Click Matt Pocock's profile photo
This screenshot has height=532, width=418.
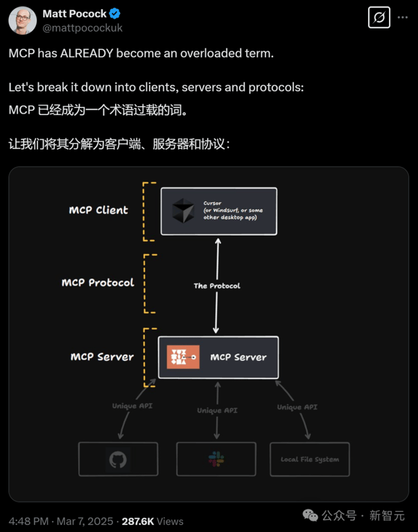pos(22,21)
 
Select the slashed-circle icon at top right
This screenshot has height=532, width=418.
pos(379,19)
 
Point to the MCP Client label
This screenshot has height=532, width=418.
pos(98,210)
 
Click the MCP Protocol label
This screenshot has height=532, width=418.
pos(98,283)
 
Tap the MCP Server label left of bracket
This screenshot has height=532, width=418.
pos(102,357)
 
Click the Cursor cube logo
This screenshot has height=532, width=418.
pos(184,211)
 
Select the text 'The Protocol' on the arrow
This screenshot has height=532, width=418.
pos(217,285)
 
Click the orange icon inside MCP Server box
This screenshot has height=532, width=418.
pos(183,357)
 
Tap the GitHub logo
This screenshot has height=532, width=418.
pos(118,459)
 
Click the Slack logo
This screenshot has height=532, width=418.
pos(216,459)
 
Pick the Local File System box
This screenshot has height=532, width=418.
pos(309,459)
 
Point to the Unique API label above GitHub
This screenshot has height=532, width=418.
pos(132,406)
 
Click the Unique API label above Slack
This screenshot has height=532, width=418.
pos(217,410)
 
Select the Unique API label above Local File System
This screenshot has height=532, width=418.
pos(298,407)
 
